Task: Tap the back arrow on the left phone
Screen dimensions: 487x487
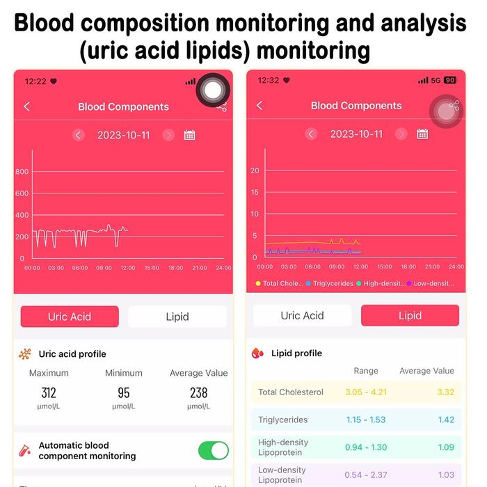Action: (27, 106)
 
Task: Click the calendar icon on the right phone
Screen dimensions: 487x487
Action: (422, 134)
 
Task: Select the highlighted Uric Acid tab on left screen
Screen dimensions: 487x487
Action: (70, 317)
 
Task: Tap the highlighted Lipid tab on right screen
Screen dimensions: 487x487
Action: (410, 315)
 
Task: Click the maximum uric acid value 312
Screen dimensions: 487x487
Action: (49, 393)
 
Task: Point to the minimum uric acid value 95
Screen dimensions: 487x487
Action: (124, 393)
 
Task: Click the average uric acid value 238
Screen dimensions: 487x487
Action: (199, 393)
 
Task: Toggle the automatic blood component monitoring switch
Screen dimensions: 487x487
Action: (213, 450)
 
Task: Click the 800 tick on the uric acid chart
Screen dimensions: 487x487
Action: (22, 172)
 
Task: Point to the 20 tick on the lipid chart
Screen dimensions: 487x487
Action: (255, 170)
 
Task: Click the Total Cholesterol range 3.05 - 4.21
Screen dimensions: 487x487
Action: (366, 392)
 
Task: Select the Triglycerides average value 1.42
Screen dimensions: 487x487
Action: (446, 420)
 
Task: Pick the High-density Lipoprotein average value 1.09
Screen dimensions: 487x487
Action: (446, 447)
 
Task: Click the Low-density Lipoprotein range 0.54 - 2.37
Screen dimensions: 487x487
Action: (366, 474)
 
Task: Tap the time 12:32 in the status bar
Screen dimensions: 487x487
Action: (268, 81)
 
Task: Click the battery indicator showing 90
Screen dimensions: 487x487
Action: (450, 81)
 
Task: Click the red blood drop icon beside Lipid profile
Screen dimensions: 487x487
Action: (258, 353)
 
